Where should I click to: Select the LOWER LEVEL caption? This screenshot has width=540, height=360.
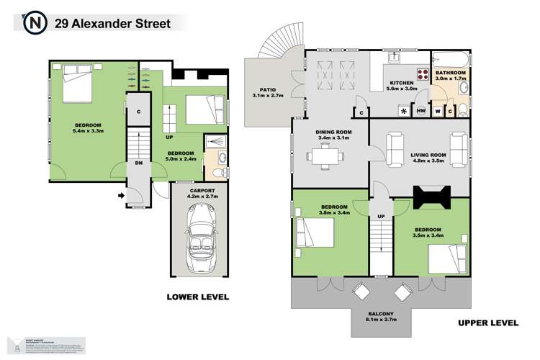pos(197,296)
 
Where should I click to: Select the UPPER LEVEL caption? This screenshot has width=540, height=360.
pos(487,323)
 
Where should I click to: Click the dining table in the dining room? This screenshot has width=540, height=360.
pos(323,155)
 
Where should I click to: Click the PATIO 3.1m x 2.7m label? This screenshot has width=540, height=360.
pos(268,92)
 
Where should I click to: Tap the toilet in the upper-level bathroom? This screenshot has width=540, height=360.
pos(464,110)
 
